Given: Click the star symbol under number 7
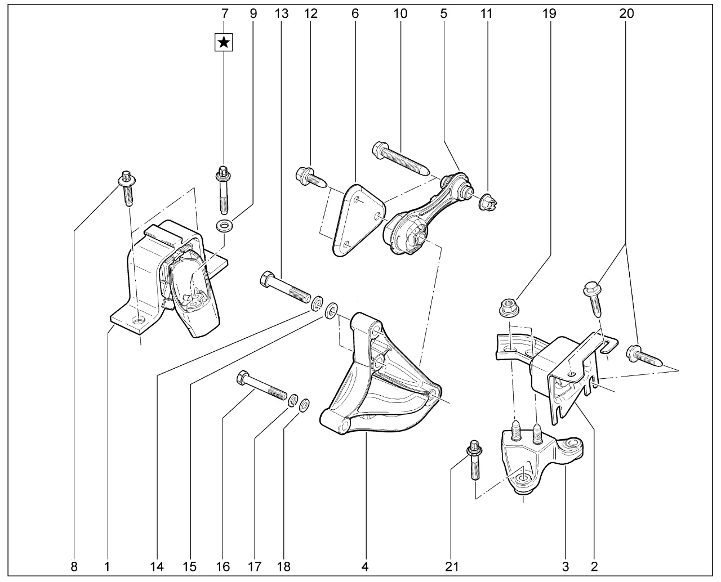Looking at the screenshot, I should [224, 42].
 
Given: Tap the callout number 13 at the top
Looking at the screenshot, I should [281, 14].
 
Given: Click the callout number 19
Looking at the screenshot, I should [549, 14].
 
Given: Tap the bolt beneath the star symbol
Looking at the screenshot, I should [224, 189].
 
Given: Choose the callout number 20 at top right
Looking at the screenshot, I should [626, 14].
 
